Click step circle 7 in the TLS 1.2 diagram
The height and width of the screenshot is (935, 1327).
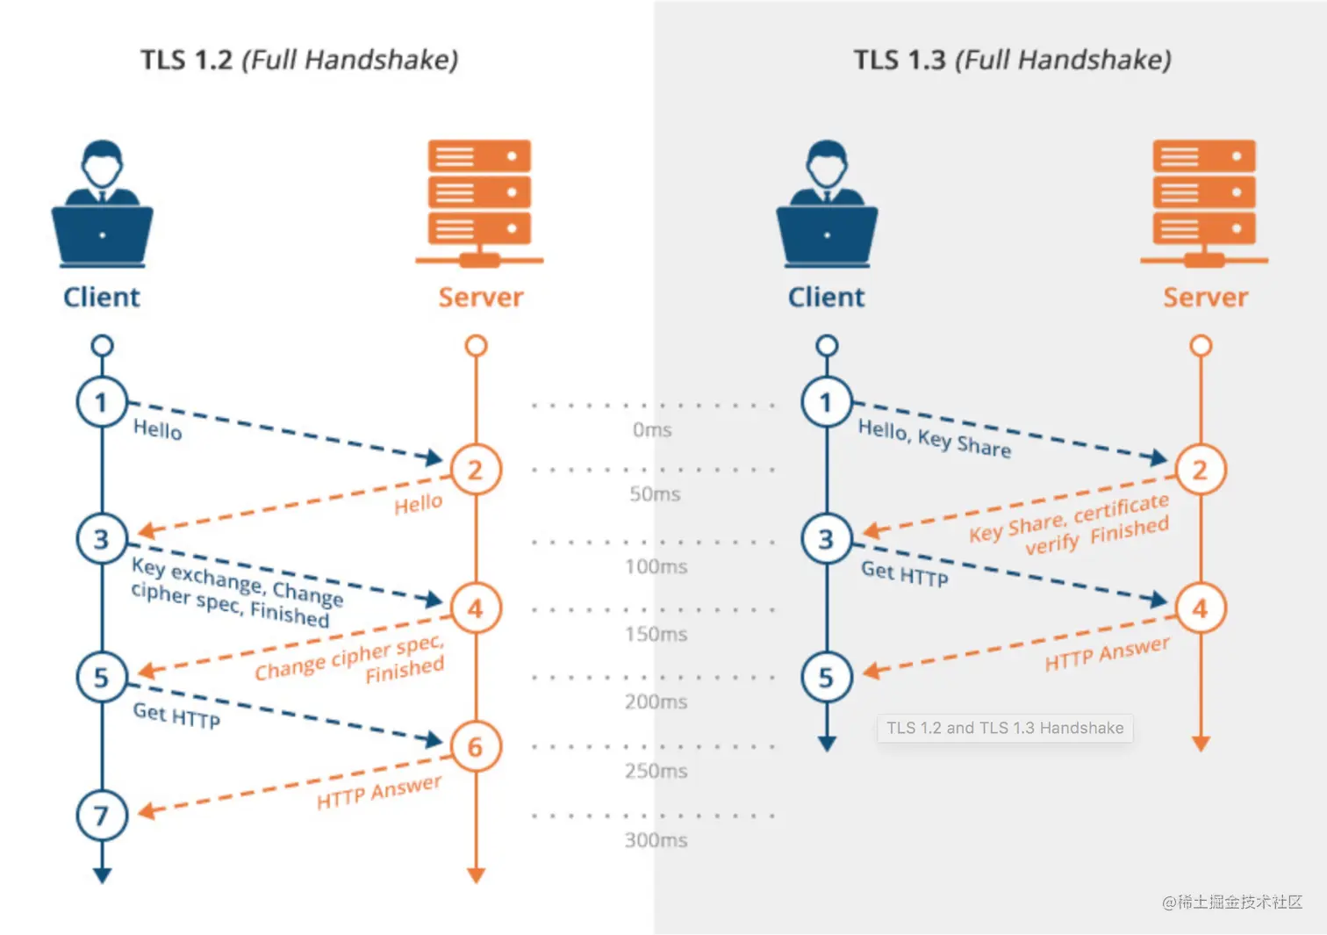coord(102,816)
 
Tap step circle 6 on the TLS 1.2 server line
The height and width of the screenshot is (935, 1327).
coord(476,747)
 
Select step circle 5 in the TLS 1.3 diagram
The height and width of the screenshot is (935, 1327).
coord(827,678)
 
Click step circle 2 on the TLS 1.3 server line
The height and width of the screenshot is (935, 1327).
coord(1201,471)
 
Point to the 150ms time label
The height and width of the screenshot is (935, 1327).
coord(656,634)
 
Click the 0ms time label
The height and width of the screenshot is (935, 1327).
coord(652,430)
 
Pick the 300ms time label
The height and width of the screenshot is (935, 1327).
coord(656,840)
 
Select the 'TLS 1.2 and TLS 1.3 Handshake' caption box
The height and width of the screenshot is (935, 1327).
coord(1005,728)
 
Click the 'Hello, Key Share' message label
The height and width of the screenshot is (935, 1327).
coord(934,438)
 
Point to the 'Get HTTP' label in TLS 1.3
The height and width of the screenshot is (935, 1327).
coord(904,573)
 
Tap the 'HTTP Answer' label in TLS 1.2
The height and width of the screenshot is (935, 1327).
coord(379,792)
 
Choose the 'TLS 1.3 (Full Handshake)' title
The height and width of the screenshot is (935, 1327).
coord(1012,60)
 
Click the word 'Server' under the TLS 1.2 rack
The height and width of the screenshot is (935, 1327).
coord(481,298)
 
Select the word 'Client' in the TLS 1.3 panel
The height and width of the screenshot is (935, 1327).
coord(826,298)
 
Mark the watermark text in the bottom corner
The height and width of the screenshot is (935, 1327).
coord(1231,902)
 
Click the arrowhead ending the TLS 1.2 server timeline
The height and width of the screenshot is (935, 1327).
coord(476,875)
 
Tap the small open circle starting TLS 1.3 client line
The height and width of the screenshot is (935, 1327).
coord(827,346)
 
